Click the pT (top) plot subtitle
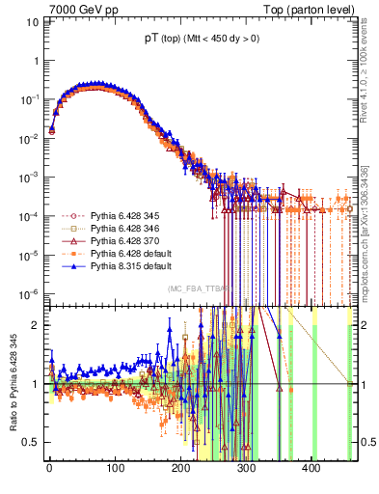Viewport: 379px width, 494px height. pos(194,41)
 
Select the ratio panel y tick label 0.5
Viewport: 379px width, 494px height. pos(30,442)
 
